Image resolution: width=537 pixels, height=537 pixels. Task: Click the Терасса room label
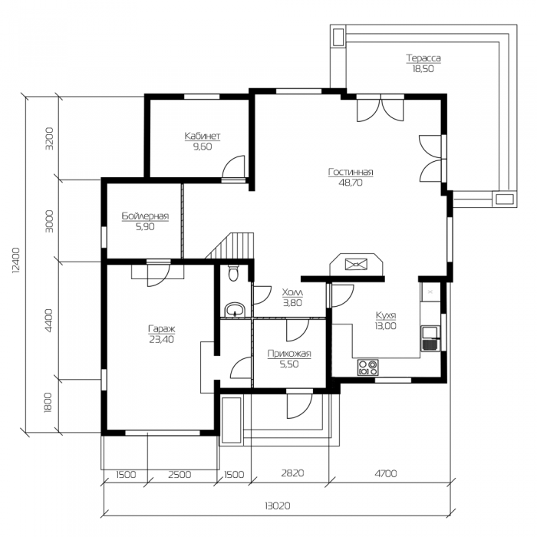click(x=423, y=58)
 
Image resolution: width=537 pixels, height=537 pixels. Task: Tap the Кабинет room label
click(x=202, y=136)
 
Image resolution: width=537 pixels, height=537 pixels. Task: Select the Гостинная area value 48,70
click(x=351, y=183)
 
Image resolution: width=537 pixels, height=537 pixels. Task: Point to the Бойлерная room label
click(x=145, y=216)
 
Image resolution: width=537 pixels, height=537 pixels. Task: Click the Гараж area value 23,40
click(x=162, y=339)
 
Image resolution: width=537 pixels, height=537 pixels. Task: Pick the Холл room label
click(x=292, y=292)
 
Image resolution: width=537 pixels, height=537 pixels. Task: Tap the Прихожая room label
click(x=289, y=354)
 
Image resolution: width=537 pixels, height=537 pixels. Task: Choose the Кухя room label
click(x=386, y=315)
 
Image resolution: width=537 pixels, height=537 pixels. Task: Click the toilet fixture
click(x=233, y=272)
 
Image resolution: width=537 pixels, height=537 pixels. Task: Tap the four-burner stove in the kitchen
click(x=367, y=367)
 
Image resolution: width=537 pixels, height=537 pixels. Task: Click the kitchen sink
click(x=430, y=338)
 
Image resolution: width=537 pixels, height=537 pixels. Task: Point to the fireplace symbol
click(x=357, y=265)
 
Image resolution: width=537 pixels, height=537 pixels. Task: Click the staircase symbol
click(x=230, y=245)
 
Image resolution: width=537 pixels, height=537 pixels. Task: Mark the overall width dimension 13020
click(x=278, y=506)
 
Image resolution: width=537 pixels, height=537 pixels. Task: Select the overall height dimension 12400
click(x=16, y=260)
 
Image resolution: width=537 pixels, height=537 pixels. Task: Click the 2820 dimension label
click(x=292, y=473)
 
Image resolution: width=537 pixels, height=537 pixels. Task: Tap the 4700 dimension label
click(x=386, y=473)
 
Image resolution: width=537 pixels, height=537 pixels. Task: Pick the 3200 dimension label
click(x=50, y=138)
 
